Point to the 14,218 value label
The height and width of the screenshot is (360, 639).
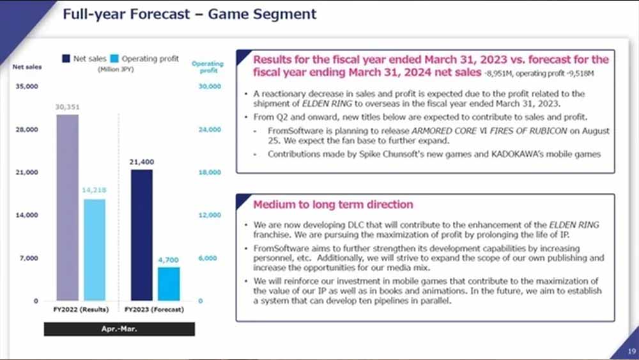93,191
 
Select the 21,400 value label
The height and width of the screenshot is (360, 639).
141,162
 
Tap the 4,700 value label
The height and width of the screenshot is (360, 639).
169,260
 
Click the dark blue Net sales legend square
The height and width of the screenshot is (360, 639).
66,59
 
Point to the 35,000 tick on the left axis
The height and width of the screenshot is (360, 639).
26,86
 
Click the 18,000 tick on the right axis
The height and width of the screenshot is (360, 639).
211,173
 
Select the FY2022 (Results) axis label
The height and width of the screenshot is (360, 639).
81,309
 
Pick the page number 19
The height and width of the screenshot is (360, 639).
628,350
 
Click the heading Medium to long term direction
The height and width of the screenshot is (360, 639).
333,205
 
